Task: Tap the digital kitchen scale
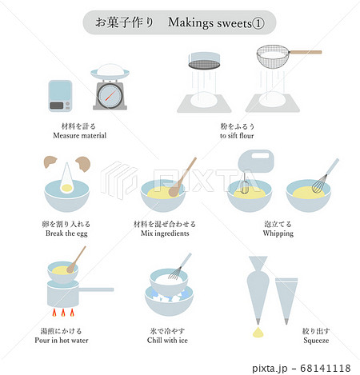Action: click(x=60, y=94)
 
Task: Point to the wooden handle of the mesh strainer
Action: click(x=306, y=52)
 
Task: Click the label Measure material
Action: click(x=79, y=136)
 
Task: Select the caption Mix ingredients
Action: click(x=168, y=233)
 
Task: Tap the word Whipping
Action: click(x=278, y=233)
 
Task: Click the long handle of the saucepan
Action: click(x=98, y=289)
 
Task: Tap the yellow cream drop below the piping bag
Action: click(x=258, y=330)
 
